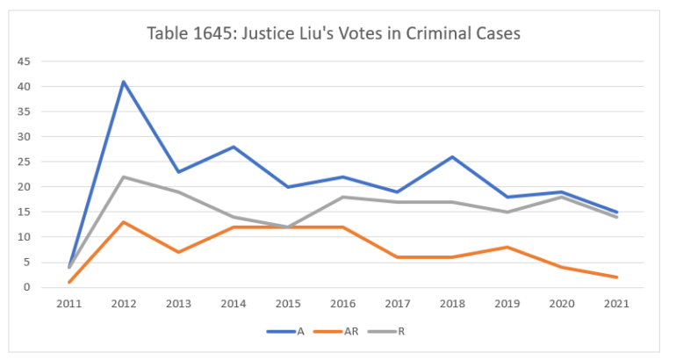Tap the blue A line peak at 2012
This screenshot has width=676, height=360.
124,82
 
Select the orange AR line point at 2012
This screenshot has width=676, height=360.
124,222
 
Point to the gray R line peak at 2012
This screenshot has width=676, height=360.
124,177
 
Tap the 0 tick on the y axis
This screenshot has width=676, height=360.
27,287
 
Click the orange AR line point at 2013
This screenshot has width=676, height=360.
179,252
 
